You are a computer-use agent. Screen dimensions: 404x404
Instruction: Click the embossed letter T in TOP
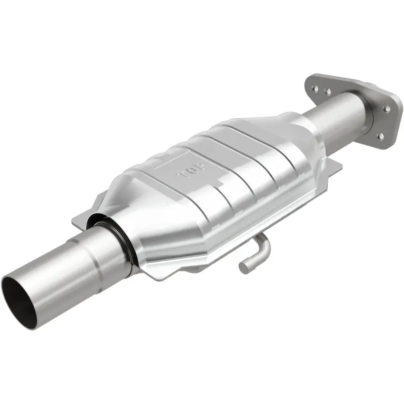tap(180, 176)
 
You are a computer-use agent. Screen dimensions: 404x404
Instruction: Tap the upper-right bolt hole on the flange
tap(387, 107)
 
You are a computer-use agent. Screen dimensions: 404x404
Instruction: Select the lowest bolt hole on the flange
tap(380, 136)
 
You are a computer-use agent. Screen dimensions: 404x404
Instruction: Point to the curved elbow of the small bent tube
tap(263, 244)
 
